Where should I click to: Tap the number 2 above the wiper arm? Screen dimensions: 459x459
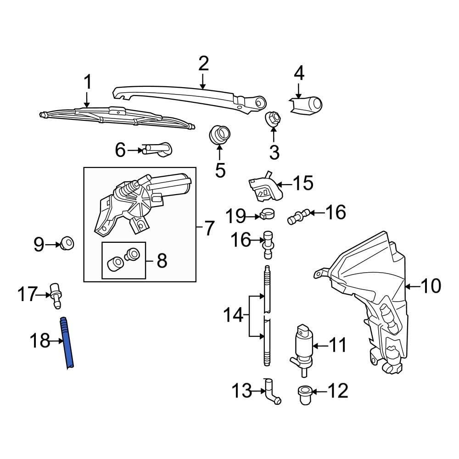(203, 64)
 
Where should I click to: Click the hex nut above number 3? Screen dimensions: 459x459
(273, 119)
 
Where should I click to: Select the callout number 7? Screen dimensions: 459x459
(209, 228)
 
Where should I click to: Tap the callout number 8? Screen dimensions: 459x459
(162, 261)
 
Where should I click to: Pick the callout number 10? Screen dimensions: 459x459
(430, 286)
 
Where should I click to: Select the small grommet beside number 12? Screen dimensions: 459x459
(303, 393)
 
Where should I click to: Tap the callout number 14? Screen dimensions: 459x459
(233, 315)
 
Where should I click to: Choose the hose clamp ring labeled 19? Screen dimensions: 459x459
(264, 213)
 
